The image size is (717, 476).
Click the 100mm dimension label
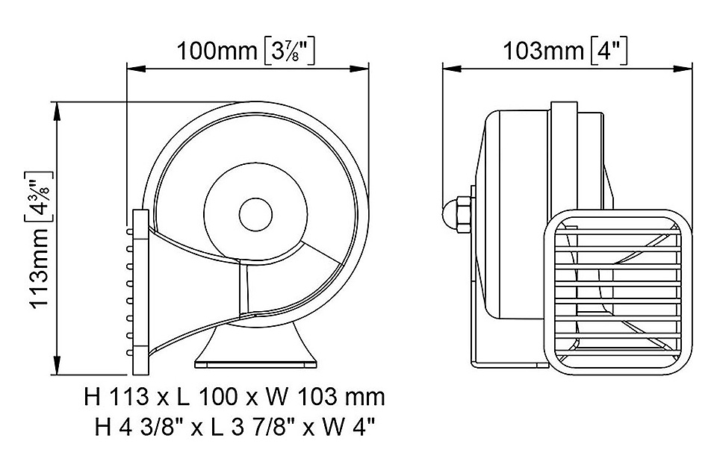coord(217,51)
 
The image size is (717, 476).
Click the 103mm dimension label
coord(543,51)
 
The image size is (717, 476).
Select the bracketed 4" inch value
coord(609,51)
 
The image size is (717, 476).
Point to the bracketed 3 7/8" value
coord(290,51)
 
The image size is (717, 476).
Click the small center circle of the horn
coord(255,214)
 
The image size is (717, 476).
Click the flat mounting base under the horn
coord(256,364)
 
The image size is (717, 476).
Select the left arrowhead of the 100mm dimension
coord(136,69)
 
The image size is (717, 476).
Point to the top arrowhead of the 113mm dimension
coord(57,111)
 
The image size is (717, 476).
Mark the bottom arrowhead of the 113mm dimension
coord(57,366)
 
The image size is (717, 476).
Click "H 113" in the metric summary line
coord(117,398)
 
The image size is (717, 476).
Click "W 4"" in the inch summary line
coord(352,428)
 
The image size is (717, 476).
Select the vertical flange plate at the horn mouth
coord(140,292)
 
